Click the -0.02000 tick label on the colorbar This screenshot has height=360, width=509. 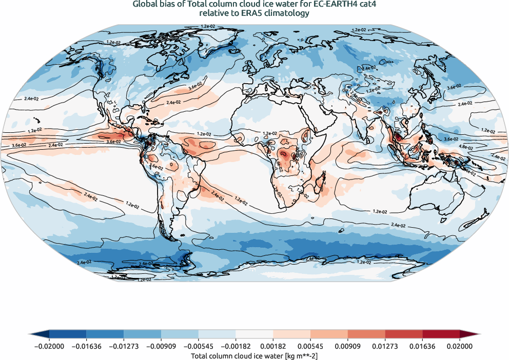click(x=49, y=347)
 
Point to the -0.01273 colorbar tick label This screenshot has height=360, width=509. click(x=124, y=347)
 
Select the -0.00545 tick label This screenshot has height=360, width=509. click(x=199, y=347)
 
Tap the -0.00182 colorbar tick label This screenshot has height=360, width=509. click(x=236, y=347)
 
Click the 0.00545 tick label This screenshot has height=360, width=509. click(x=310, y=347)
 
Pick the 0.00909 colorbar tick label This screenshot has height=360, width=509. click(x=348, y=347)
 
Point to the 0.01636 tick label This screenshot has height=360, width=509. click(x=422, y=347)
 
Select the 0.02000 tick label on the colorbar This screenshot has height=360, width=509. click(x=459, y=347)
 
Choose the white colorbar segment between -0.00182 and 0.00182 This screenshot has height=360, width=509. click(x=254, y=334)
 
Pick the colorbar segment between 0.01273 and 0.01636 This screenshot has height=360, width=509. click(x=404, y=334)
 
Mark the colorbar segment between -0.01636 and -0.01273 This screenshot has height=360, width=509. click(x=105, y=334)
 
